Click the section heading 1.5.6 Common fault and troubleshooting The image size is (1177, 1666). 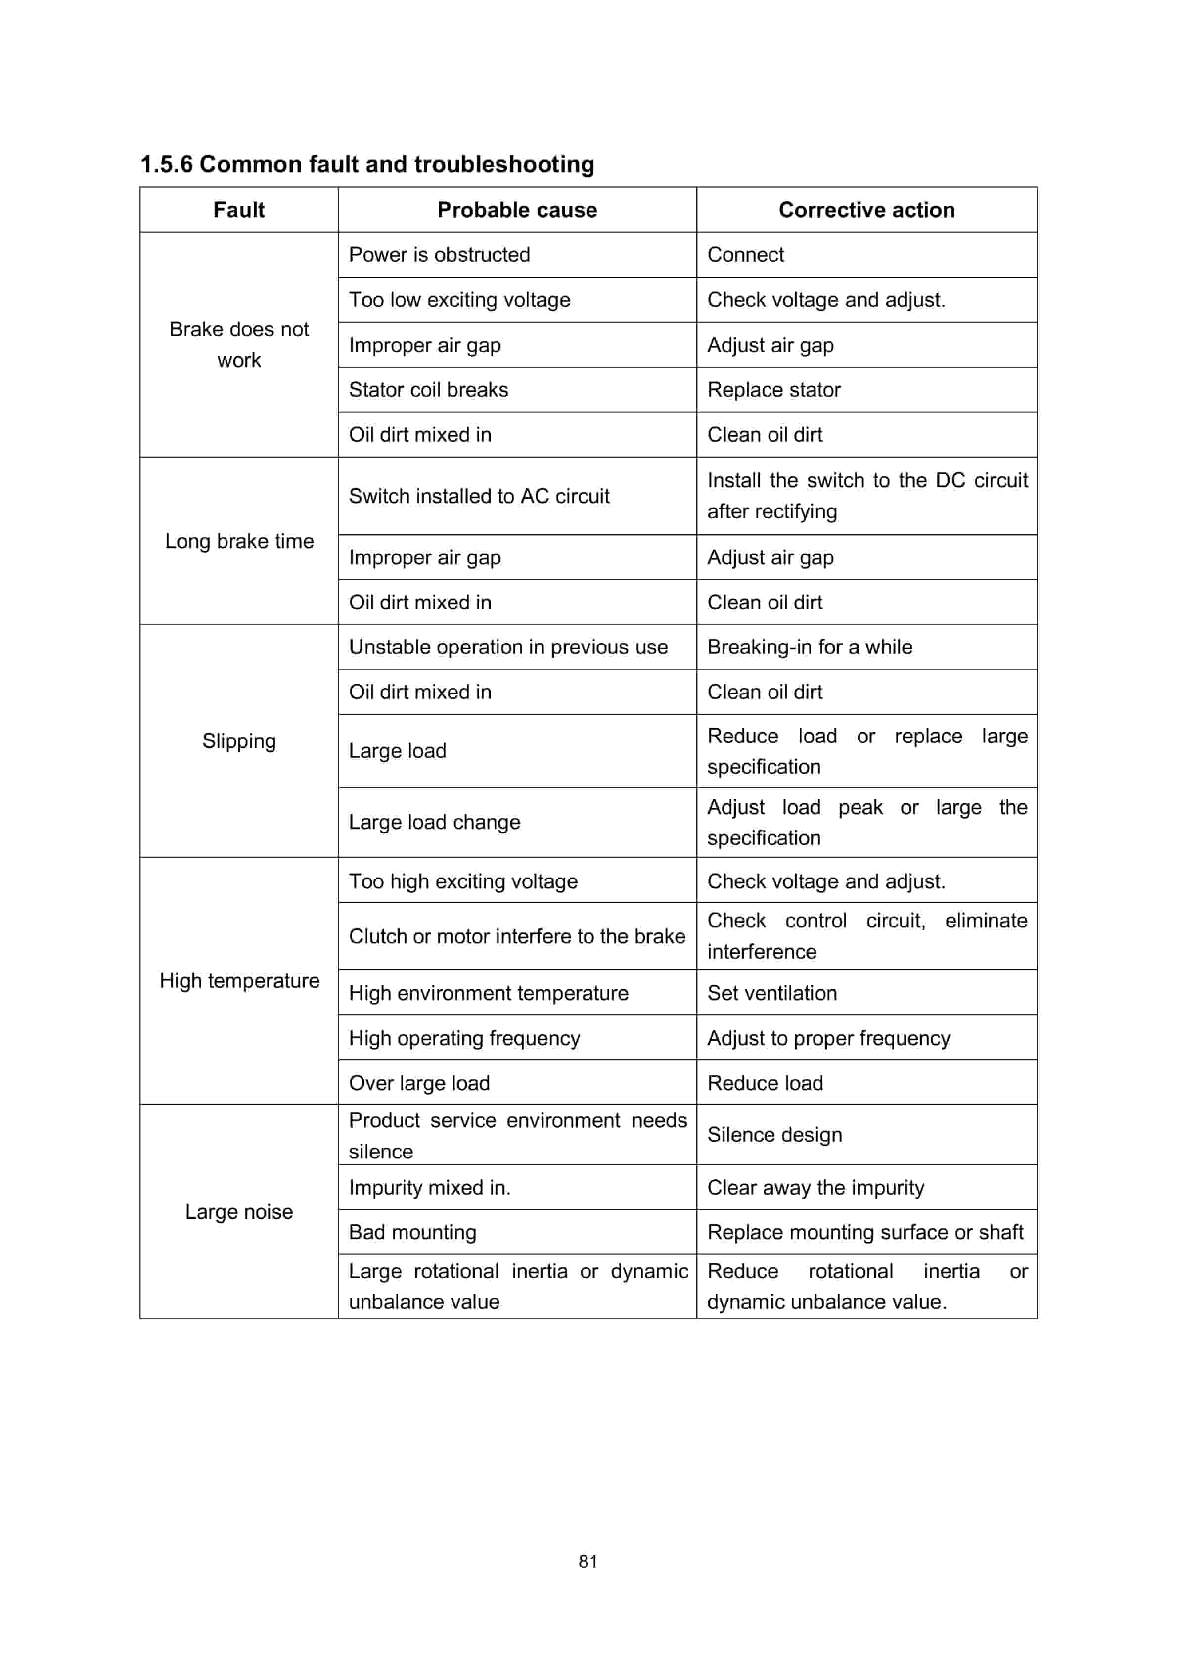point(367,164)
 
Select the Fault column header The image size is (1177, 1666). point(239,210)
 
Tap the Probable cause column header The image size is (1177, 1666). point(517,210)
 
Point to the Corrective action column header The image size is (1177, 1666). point(866,210)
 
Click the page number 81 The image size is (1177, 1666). point(588,1562)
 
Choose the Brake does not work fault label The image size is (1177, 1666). point(239,345)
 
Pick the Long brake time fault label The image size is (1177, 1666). point(239,541)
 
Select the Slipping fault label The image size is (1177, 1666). point(239,741)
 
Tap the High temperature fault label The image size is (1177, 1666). point(239,981)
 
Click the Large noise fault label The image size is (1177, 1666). point(239,1212)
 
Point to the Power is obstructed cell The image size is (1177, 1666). point(439,255)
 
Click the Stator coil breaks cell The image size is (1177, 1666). point(428,390)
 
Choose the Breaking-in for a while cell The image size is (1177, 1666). point(810,647)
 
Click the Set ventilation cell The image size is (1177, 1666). point(772,993)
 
